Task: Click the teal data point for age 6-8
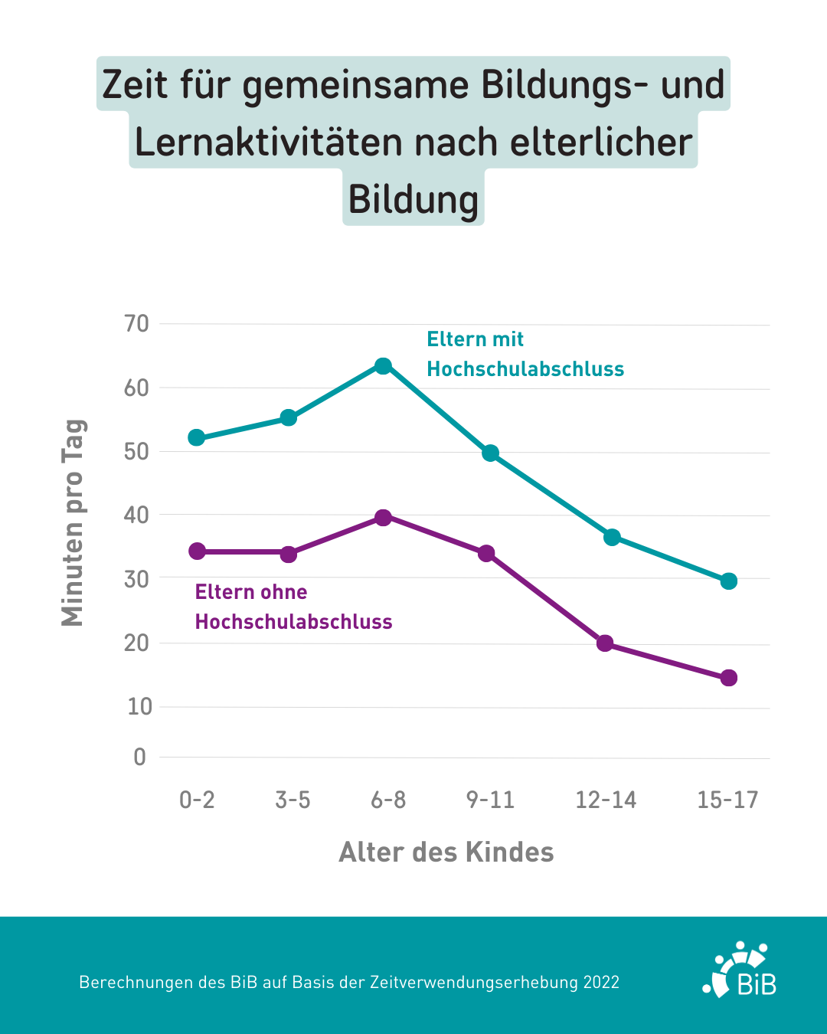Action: pyautogui.click(x=383, y=366)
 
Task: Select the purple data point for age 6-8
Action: pyautogui.click(x=383, y=518)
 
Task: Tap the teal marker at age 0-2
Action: pyautogui.click(x=197, y=438)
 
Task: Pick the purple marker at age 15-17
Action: pyautogui.click(x=729, y=678)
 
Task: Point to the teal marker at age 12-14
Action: pyautogui.click(x=612, y=537)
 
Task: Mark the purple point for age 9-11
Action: pyautogui.click(x=486, y=553)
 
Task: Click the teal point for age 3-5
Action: pyautogui.click(x=289, y=417)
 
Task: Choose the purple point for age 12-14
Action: pyautogui.click(x=605, y=643)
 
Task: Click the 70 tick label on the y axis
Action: pyautogui.click(x=137, y=324)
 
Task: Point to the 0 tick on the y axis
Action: pyautogui.click(x=139, y=758)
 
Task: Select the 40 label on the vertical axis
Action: pyautogui.click(x=137, y=515)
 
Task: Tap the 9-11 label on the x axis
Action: pyautogui.click(x=491, y=800)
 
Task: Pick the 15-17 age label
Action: pyautogui.click(x=727, y=800)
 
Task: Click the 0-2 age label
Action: pyautogui.click(x=197, y=800)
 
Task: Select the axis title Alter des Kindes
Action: pyautogui.click(x=446, y=852)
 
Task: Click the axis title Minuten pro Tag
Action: pyautogui.click(x=73, y=523)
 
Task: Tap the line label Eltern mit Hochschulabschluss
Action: pyautogui.click(x=525, y=355)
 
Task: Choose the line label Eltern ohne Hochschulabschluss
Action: pyautogui.click(x=293, y=607)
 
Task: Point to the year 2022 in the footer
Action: pyautogui.click(x=601, y=983)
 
